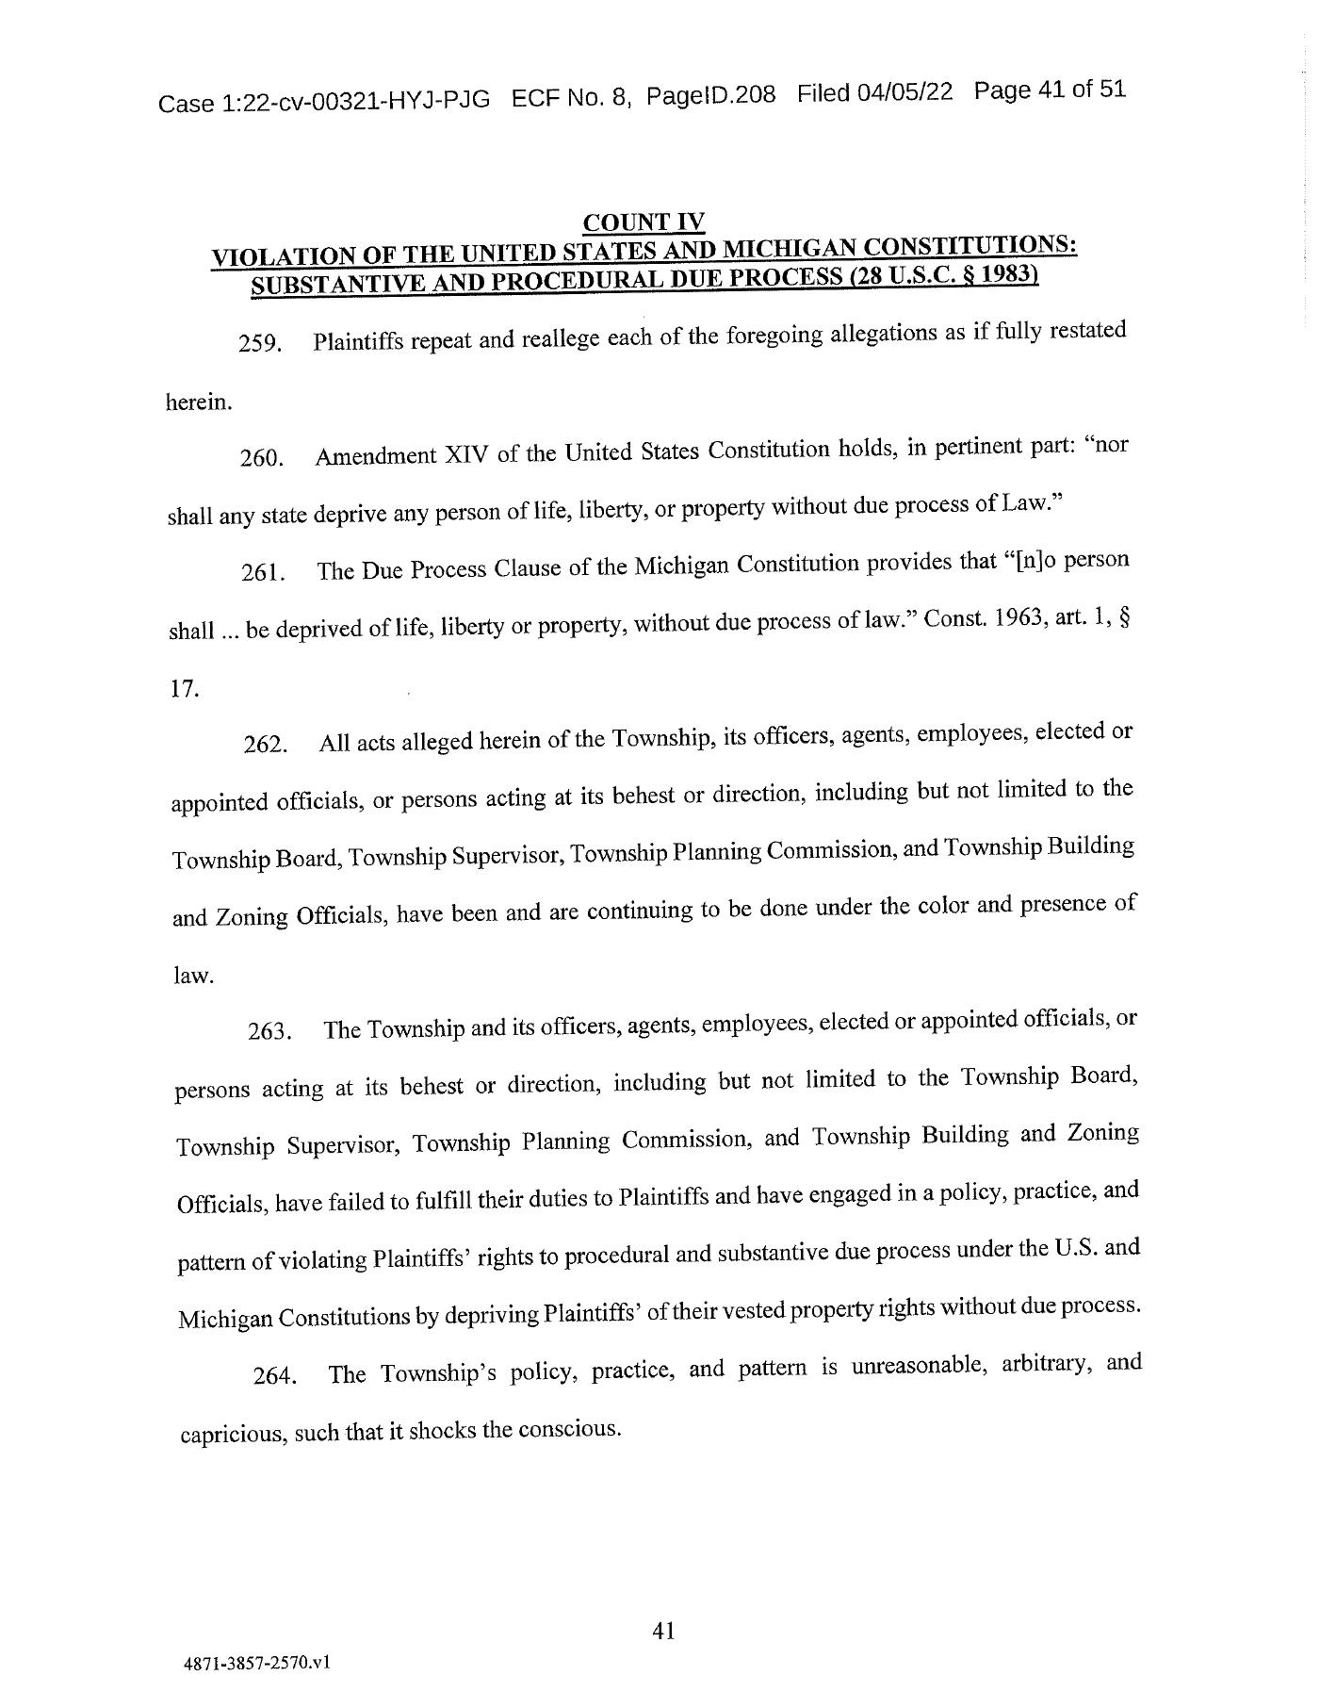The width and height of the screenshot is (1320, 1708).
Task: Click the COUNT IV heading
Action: (644, 222)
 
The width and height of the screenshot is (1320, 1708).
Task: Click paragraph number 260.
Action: (261, 459)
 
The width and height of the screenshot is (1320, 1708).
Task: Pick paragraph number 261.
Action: (263, 573)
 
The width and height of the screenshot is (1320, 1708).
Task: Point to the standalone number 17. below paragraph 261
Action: (185, 689)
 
